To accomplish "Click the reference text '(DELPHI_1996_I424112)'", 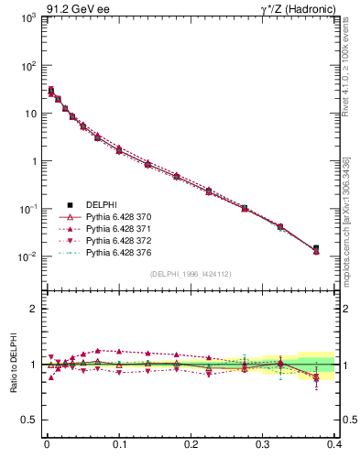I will (191, 273).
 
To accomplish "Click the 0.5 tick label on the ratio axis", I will (29, 420).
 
